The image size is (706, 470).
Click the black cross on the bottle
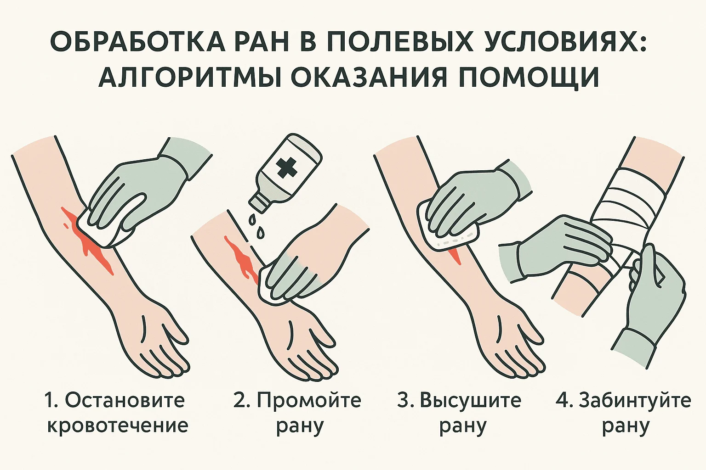(x=286, y=168)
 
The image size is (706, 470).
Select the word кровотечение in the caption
(x=117, y=425)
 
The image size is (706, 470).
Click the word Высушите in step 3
(x=470, y=401)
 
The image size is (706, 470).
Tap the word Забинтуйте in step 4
(x=635, y=401)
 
